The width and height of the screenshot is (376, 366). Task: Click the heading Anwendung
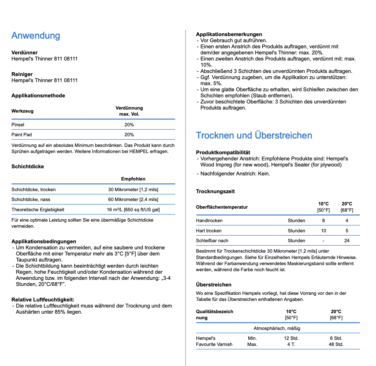click(36, 36)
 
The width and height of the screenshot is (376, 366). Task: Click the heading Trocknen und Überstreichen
click(254, 135)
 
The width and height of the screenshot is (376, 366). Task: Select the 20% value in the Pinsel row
click(129, 125)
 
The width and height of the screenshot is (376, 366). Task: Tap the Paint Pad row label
click(22, 135)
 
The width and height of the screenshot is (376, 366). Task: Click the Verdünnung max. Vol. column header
click(129, 111)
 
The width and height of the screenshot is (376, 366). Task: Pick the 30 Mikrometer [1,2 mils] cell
click(133, 190)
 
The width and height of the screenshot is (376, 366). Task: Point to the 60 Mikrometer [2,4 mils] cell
click(133, 200)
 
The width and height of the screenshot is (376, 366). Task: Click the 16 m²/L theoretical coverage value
click(133, 210)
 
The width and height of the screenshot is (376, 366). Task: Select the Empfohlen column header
click(133, 179)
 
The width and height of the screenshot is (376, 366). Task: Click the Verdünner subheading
click(24, 53)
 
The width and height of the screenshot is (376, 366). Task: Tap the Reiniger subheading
click(22, 74)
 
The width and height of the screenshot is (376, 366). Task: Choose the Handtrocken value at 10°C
click(324, 221)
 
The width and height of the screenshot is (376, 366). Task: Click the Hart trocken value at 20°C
click(347, 231)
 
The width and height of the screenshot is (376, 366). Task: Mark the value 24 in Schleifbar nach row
click(347, 241)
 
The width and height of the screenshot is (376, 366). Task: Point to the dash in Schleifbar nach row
click(324, 241)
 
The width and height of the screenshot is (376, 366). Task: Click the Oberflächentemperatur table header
click(222, 207)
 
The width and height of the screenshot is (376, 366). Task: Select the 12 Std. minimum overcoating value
click(291, 338)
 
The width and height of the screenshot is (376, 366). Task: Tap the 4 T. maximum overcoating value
click(291, 344)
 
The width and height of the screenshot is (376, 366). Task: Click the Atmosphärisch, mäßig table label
click(277, 328)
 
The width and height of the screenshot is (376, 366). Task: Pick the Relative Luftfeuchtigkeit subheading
click(43, 300)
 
